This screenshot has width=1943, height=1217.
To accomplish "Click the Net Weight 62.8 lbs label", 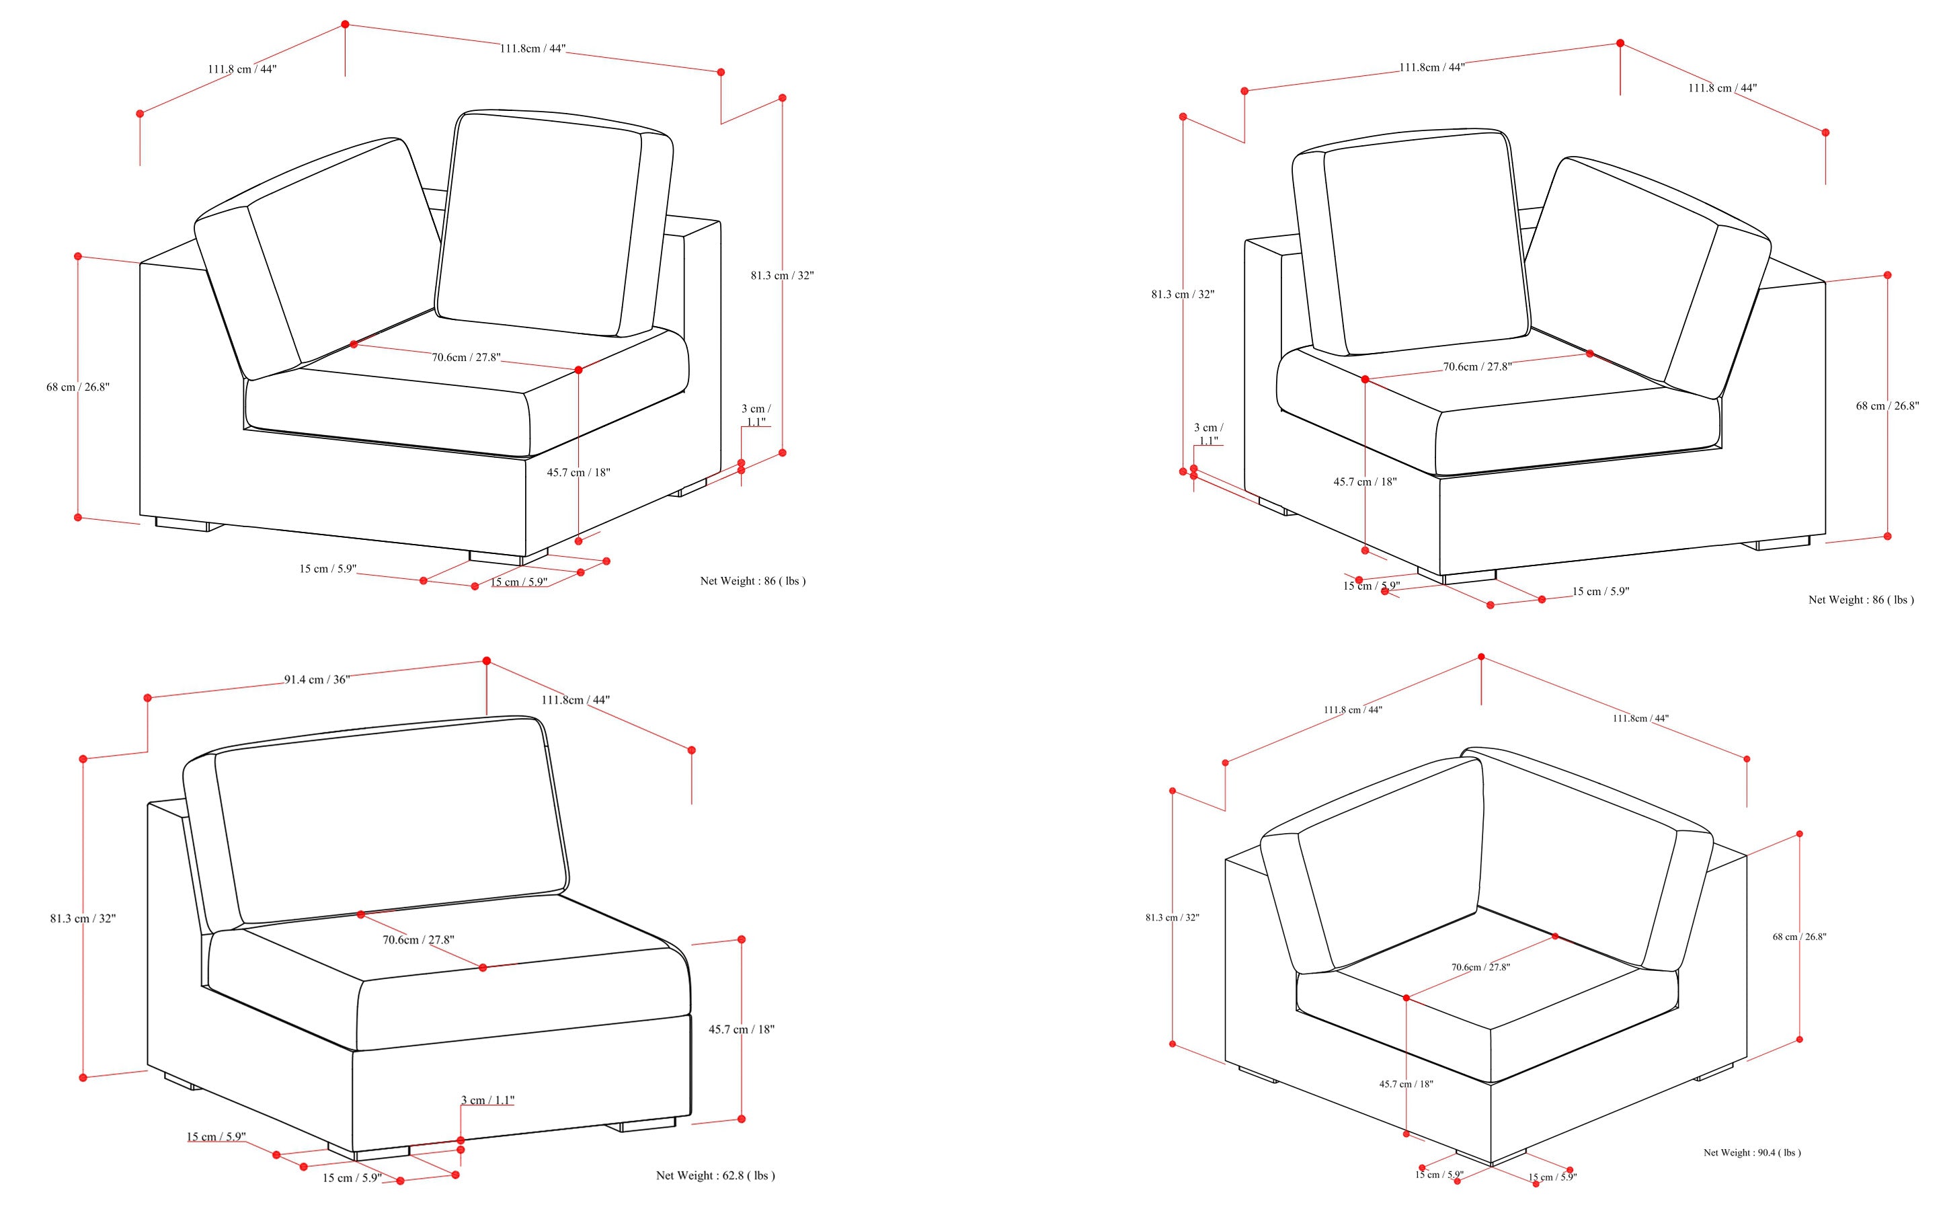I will [715, 1175].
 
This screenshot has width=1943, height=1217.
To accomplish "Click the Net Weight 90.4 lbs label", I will [1751, 1152].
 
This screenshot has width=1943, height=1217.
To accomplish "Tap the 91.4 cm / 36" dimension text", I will [316, 679].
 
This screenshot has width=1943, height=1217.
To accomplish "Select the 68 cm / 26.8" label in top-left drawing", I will [77, 387].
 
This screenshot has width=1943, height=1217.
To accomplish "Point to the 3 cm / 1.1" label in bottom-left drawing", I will [487, 1100].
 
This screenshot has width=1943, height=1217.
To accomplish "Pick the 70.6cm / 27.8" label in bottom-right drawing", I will [1480, 967].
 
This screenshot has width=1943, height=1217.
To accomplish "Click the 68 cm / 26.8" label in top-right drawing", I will [1887, 405].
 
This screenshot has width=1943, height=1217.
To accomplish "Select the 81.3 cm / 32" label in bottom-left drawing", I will [82, 918].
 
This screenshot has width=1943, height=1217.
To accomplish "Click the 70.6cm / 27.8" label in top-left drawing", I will [466, 358].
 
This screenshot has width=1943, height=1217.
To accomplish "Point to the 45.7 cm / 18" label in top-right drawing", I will [1364, 482].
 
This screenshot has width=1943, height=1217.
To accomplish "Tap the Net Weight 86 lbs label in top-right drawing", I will [1860, 600].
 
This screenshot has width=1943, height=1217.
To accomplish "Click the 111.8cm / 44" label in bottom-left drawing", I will [575, 700].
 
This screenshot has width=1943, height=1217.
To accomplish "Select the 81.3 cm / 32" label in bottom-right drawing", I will [1172, 918].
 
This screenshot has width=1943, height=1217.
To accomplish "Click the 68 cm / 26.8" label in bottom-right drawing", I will [1799, 937].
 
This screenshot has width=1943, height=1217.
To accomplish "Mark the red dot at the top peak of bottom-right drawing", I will [1480, 658].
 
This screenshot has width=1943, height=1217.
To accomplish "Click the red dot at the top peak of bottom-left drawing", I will [486, 661].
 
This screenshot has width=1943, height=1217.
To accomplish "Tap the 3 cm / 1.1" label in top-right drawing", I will [1207, 434].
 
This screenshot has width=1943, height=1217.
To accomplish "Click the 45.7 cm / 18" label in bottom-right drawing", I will [1405, 1084].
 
